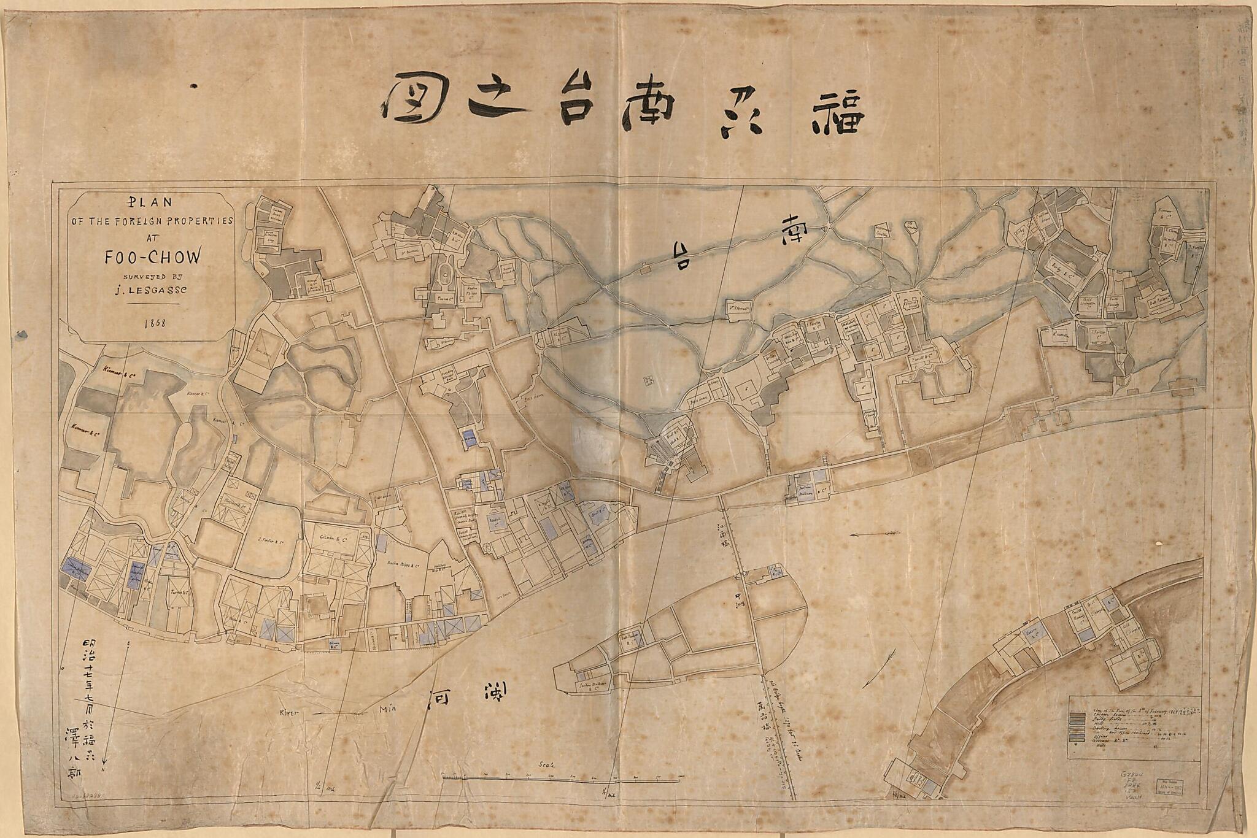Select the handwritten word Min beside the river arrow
click(389, 710)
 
